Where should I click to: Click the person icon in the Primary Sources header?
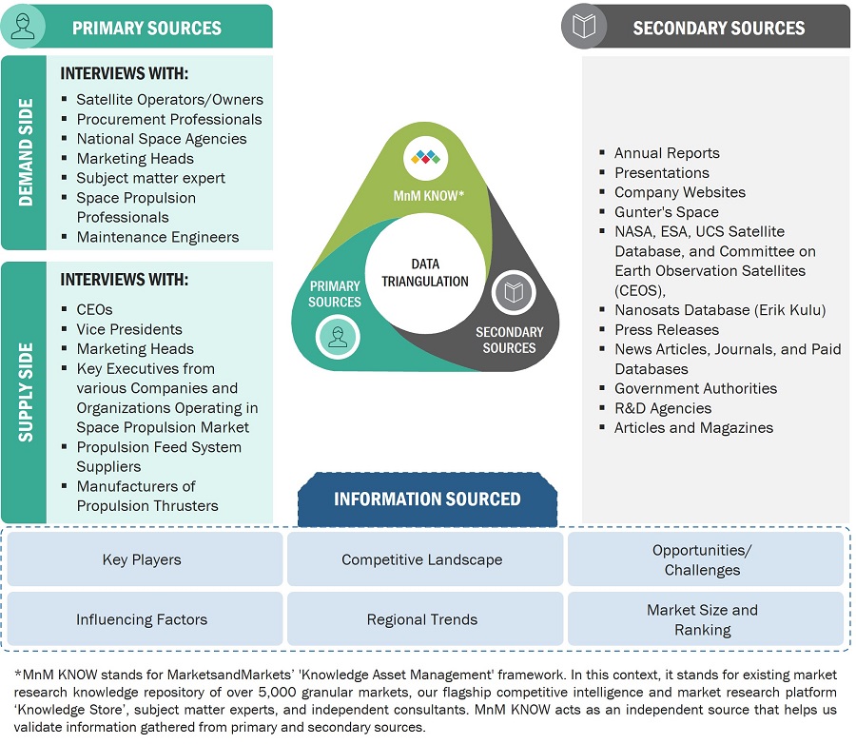(x=24, y=27)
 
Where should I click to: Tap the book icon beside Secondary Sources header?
(x=583, y=27)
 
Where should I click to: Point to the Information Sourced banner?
(x=427, y=499)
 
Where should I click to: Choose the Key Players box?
(x=142, y=559)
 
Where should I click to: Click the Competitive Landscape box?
(x=422, y=559)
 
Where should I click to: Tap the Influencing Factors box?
(x=142, y=619)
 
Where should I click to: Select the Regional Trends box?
(x=422, y=619)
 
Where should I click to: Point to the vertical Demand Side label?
(x=26, y=152)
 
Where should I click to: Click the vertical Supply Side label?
(x=26, y=392)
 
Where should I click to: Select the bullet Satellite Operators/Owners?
(x=169, y=99)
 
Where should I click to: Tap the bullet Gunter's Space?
(x=666, y=212)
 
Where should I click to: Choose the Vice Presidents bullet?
(x=129, y=329)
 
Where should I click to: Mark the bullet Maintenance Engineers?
(x=157, y=237)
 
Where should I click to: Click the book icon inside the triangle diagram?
(x=514, y=293)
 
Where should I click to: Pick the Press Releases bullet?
(x=666, y=330)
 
